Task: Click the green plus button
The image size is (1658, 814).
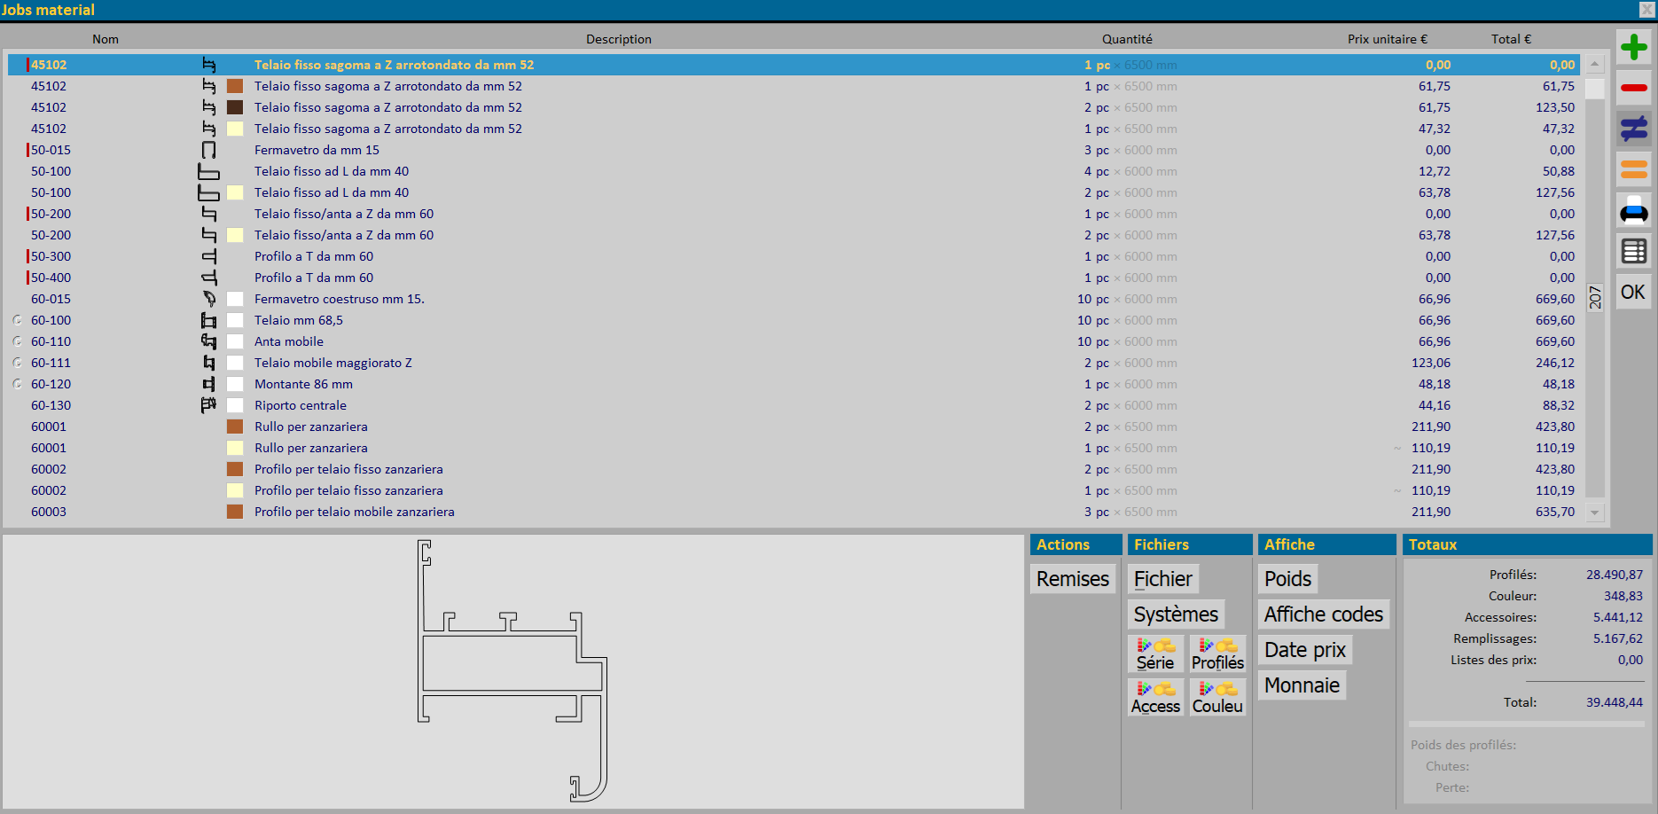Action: coord(1633,47)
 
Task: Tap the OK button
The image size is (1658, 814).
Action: coord(1633,292)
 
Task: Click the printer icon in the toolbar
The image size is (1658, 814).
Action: coord(1633,211)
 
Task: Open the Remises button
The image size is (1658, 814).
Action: coord(1073,579)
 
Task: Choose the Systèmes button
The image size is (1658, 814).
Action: coord(1176,614)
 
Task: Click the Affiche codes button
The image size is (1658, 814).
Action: coord(1323,614)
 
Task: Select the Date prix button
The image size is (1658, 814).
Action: coord(1305,650)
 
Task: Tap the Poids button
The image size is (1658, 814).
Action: coord(1287,579)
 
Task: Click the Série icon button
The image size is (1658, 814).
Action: coord(1155,654)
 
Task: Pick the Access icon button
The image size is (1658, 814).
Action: coord(1155,697)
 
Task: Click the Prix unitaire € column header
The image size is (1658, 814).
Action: coord(1387,39)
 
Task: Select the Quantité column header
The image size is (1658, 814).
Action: coord(1127,39)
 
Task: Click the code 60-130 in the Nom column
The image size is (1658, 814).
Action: coord(51,405)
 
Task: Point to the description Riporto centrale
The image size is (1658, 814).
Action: coord(301,405)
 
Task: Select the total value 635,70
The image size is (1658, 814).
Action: coord(1555,512)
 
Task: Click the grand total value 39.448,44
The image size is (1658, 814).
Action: coord(1615,702)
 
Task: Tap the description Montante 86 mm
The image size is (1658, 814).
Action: coord(303,384)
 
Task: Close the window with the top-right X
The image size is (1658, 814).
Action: coord(1646,10)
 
